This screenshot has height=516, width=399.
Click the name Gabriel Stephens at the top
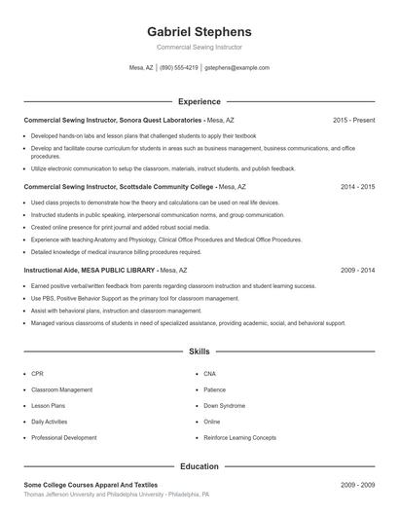pyautogui.click(x=199, y=31)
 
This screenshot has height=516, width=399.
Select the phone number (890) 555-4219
pyautogui.click(x=178, y=68)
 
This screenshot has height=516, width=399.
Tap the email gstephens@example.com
pyautogui.click(x=236, y=68)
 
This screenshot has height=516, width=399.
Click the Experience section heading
pyautogui.click(x=199, y=101)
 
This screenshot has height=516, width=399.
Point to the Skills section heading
pyautogui.click(x=199, y=350)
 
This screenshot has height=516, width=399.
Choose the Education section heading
pyautogui.click(x=199, y=466)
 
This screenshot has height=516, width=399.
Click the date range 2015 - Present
pyautogui.click(x=353, y=120)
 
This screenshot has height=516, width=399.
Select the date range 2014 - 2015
pyautogui.click(x=357, y=186)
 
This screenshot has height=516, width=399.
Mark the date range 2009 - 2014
pyautogui.click(x=357, y=270)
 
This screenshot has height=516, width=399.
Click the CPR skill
pyautogui.click(x=37, y=373)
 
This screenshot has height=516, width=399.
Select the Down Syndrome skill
pyautogui.click(x=224, y=405)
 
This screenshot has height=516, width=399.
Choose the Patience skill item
pyautogui.click(x=214, y=389)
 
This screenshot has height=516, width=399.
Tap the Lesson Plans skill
pyautogui.click(x=48, y=405)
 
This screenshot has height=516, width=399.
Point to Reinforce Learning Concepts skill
pyautogui.click(x=239, y=438)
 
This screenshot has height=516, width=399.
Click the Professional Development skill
pyautogui.click(x=63, y=438)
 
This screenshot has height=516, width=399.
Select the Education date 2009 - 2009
pyautogui.click(x=357, y=484)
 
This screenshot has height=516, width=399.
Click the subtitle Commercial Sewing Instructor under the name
pyautogui.click(x=199, y=47)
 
